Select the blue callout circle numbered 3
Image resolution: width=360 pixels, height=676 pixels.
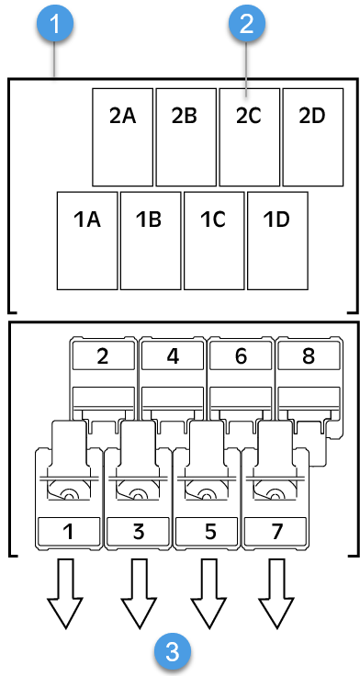[171, 653]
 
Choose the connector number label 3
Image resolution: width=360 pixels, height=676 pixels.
[139, 531]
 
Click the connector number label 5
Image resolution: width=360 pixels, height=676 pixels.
[208, 531]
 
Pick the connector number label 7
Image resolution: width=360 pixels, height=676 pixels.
[276, 531]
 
